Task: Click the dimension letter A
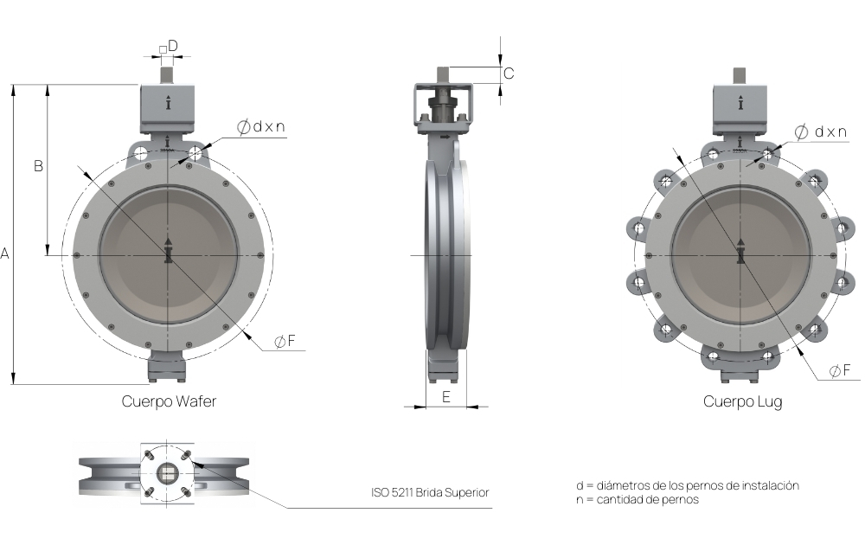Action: point(5,253)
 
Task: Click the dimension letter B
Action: point(38,165)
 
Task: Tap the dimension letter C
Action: point(509,74)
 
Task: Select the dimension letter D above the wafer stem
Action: point(173,46)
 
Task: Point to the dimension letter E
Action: point(446,396)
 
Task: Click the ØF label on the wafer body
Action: point(285,342)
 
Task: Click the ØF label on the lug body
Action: point(840,371)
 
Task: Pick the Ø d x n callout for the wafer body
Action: point(261,127)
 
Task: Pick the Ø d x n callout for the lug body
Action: point(820,131)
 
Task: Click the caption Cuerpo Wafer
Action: point(169,401)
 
